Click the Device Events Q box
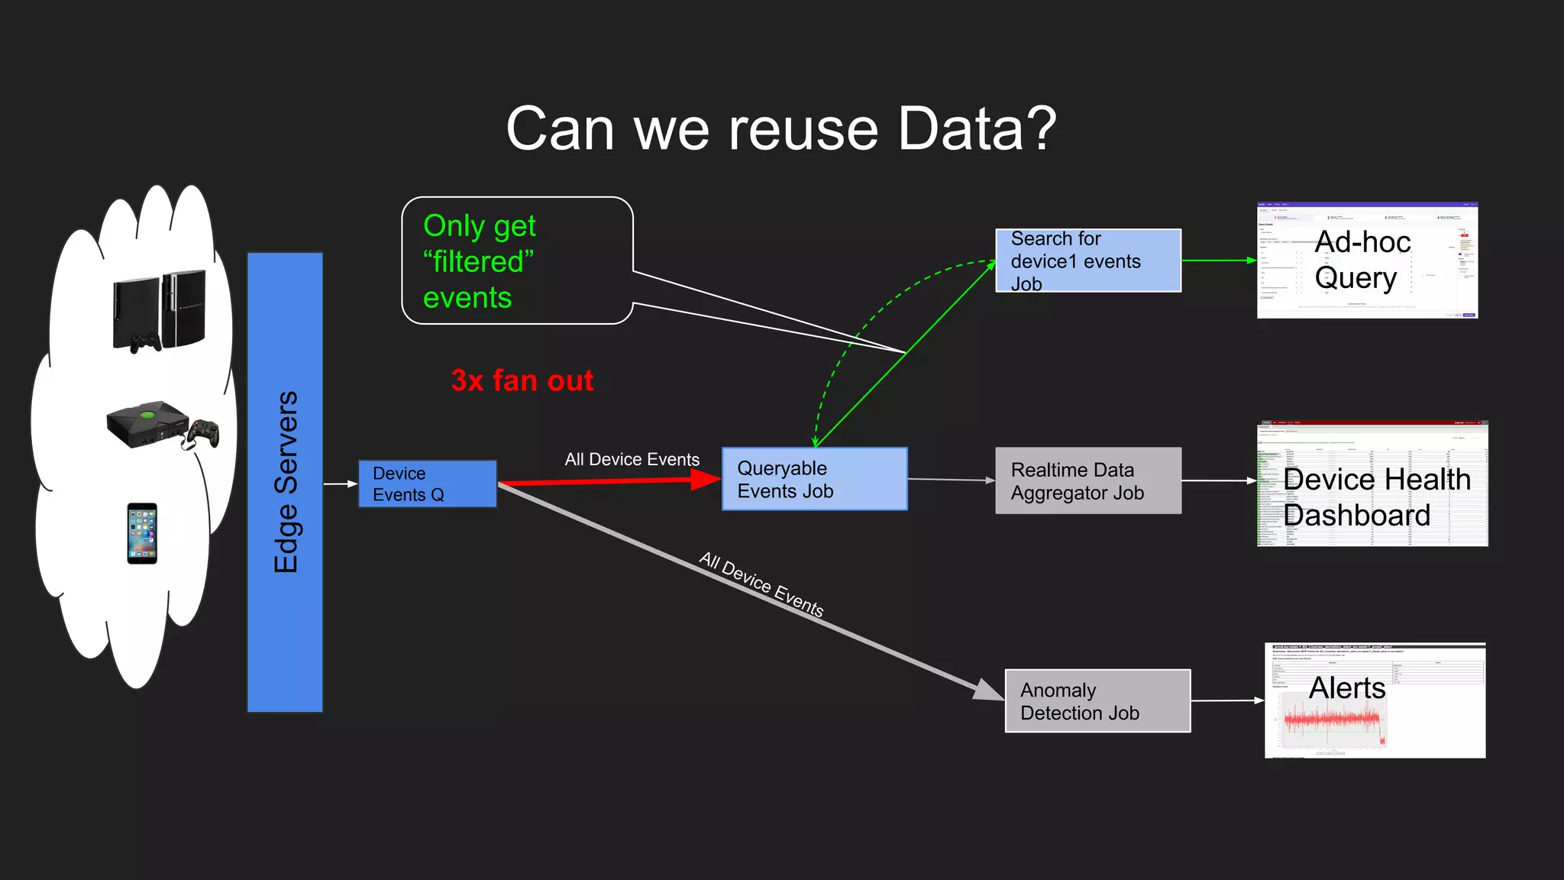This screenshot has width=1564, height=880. pos(427,484)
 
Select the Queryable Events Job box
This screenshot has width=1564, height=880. pos(814,479)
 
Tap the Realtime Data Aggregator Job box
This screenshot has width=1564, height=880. pos(1087,480)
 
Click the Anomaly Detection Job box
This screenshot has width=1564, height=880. pos(1097,701)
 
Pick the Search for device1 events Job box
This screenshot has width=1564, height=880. pos(1087,260)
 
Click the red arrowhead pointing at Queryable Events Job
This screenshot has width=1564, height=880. pos(704,479)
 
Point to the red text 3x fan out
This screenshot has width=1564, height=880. pos(522,380)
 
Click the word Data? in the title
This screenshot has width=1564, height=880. pos(977,128)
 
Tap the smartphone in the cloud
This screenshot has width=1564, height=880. pos(142,533)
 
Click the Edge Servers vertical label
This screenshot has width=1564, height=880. pos(286,482)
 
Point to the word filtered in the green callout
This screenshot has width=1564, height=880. pos(478,262)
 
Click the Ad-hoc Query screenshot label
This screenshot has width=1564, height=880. pos(1362,260)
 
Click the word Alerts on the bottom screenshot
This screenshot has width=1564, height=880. pos(1346,688)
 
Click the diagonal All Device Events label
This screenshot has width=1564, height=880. pos(761,584)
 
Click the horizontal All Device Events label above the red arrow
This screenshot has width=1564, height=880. pos(632,459)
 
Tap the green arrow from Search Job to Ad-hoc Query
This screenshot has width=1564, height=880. pos(1218,260)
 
